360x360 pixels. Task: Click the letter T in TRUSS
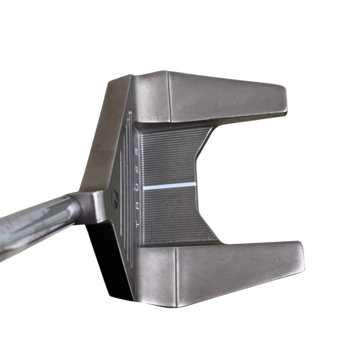point(137,224)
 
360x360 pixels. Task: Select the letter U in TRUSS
point(136,188)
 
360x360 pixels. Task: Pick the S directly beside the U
point(136,170)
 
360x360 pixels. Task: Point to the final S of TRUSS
point(136,152)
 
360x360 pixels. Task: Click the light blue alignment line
point(170,186)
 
